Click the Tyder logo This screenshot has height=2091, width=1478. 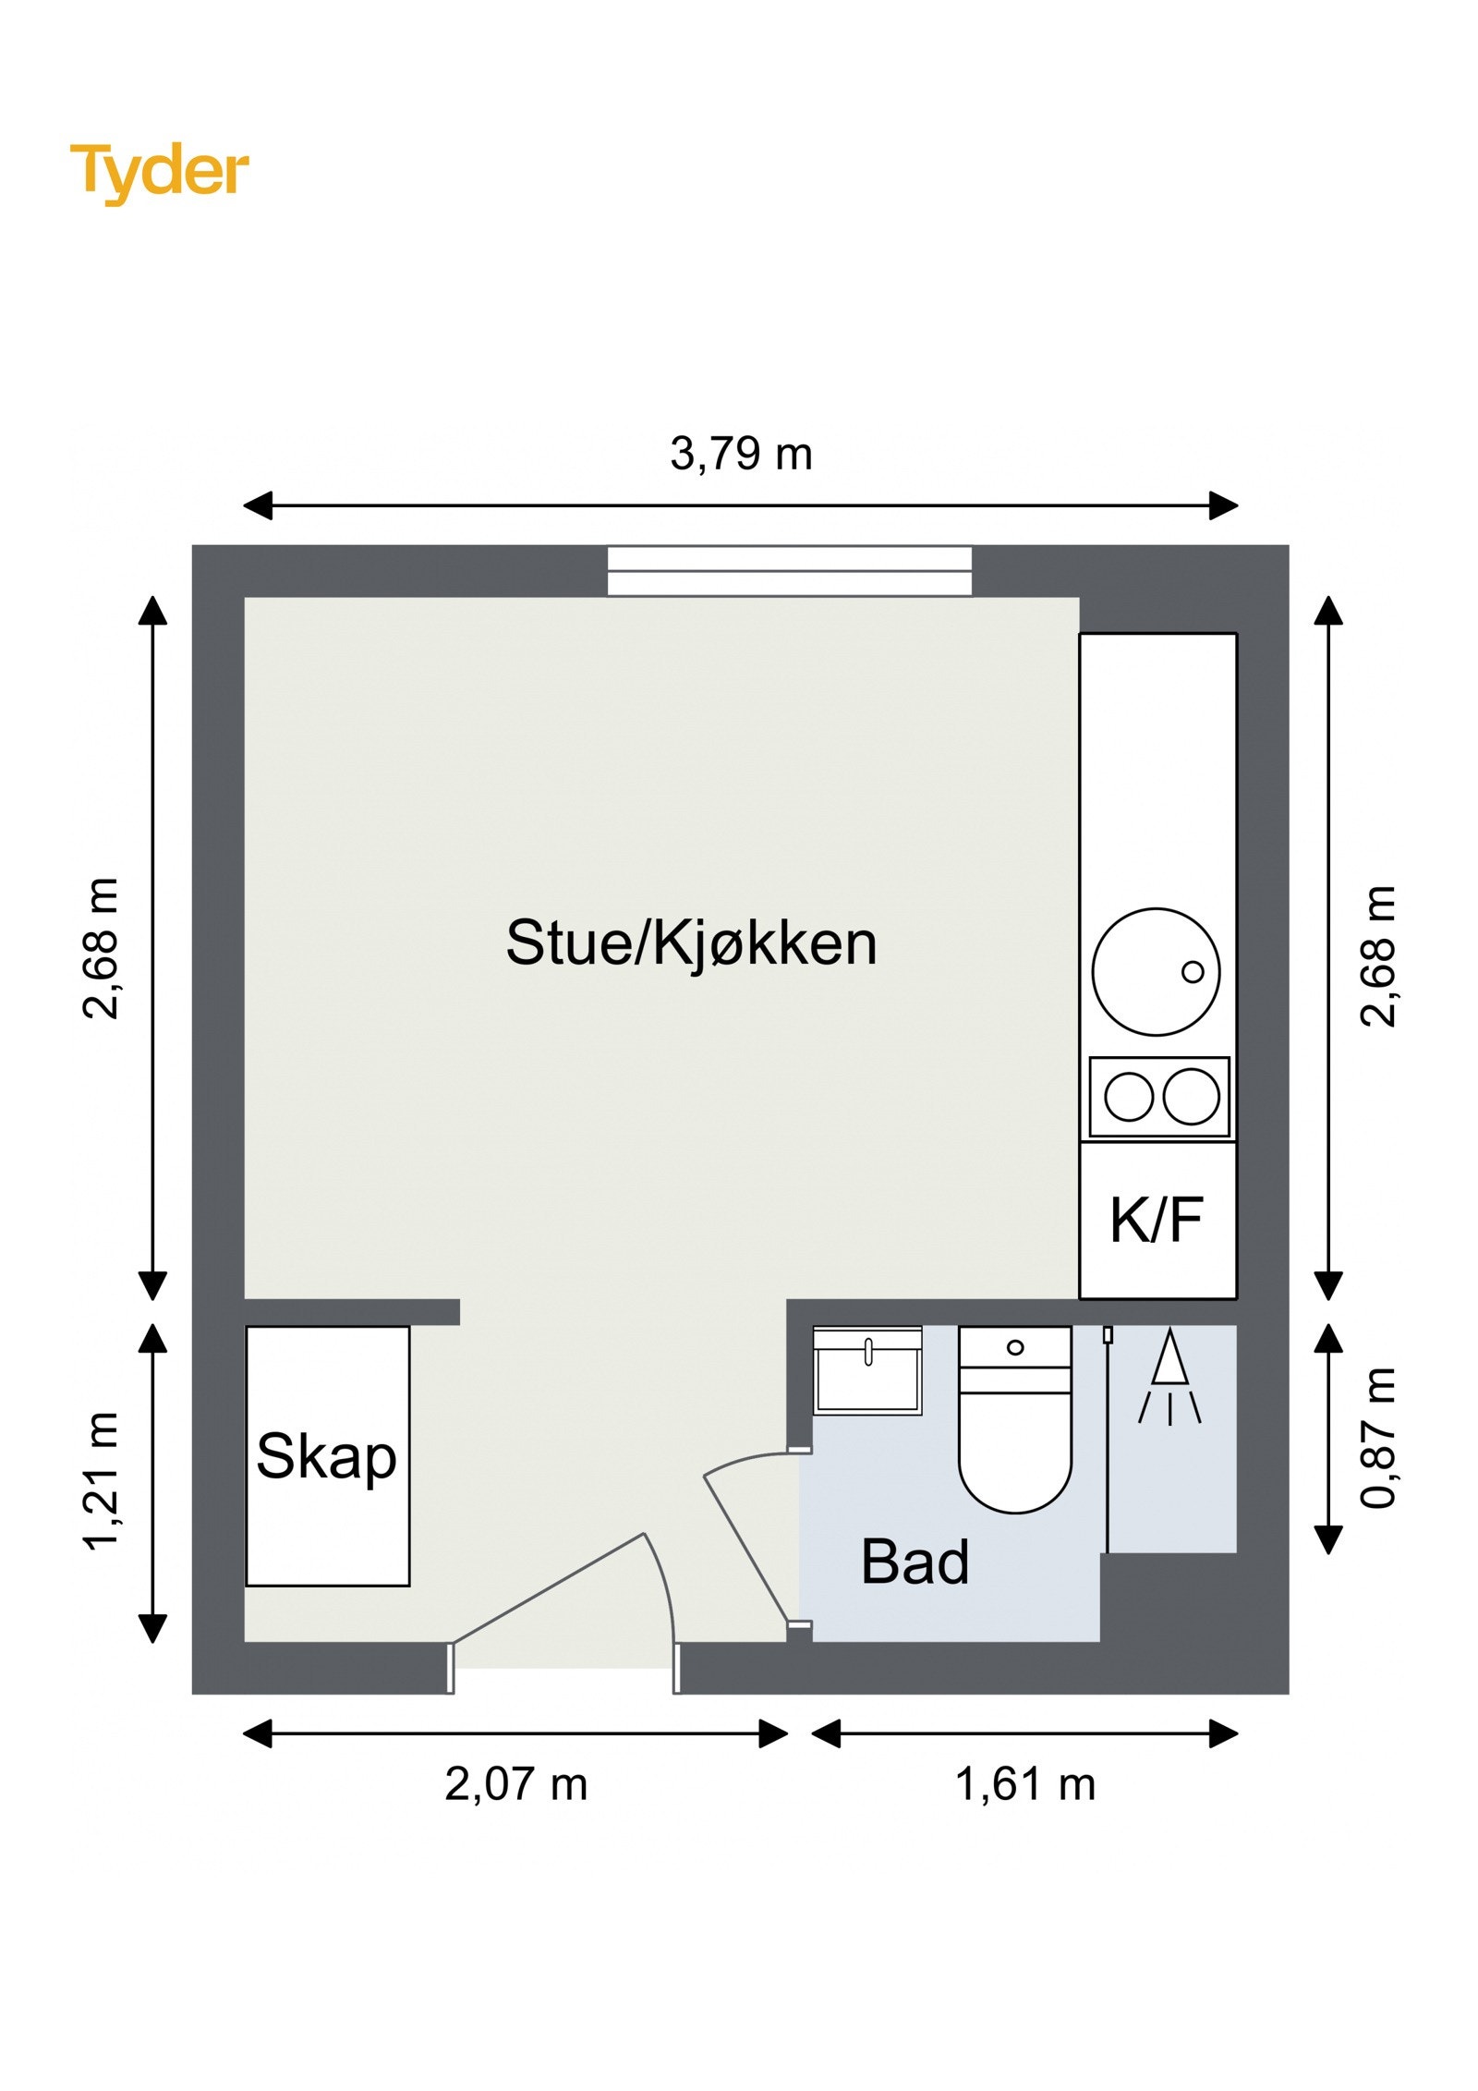tap(159, 172)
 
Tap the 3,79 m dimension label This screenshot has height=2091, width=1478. tap(741, 454)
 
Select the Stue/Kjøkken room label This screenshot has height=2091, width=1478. tap(691, 943)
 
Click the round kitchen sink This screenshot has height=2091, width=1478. tap(1156, 971)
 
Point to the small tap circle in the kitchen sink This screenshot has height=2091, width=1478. tap(1193, 972)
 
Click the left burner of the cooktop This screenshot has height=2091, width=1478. tap(1129, 1097)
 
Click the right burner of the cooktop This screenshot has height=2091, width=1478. tap(1191, 1097)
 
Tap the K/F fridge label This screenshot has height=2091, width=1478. tap(1157, 1220)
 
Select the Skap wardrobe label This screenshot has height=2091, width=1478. tap(326, 1457)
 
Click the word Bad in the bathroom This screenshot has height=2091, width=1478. tap(915, 1562)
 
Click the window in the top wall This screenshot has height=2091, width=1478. tap(789, 571)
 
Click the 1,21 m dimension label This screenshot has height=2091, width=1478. tap(101, 1479)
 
